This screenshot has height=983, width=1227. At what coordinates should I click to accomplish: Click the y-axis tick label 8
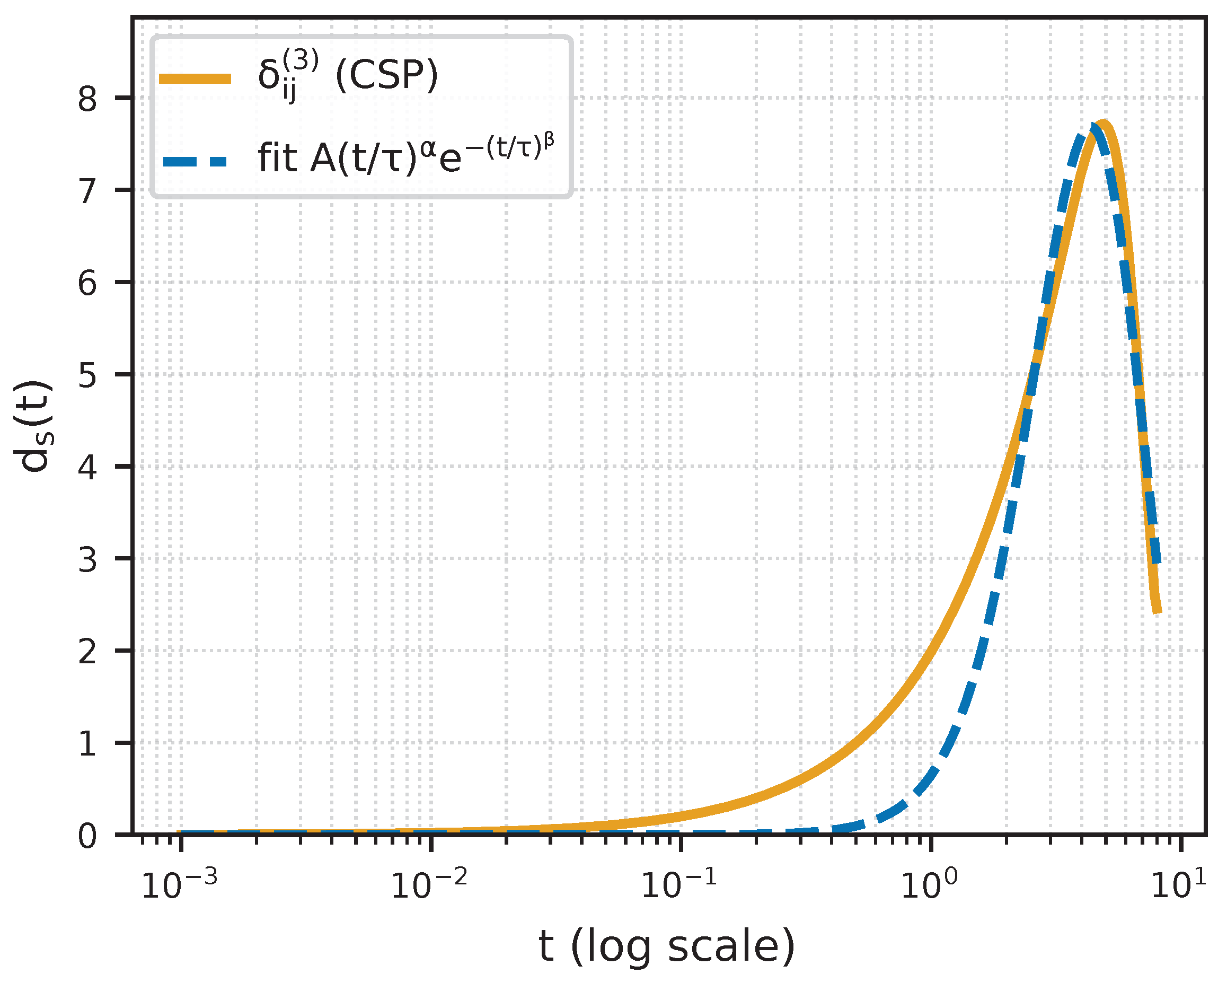click(87, 99)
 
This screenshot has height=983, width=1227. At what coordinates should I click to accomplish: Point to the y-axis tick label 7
click(87, 191)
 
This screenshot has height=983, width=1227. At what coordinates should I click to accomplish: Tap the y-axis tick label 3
click(87, 559)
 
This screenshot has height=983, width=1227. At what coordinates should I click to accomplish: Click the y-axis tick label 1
click(87, 744)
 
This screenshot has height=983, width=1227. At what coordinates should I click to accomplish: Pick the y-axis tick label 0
click(87, 837)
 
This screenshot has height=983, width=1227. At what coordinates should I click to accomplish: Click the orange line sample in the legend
click(195, 79)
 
